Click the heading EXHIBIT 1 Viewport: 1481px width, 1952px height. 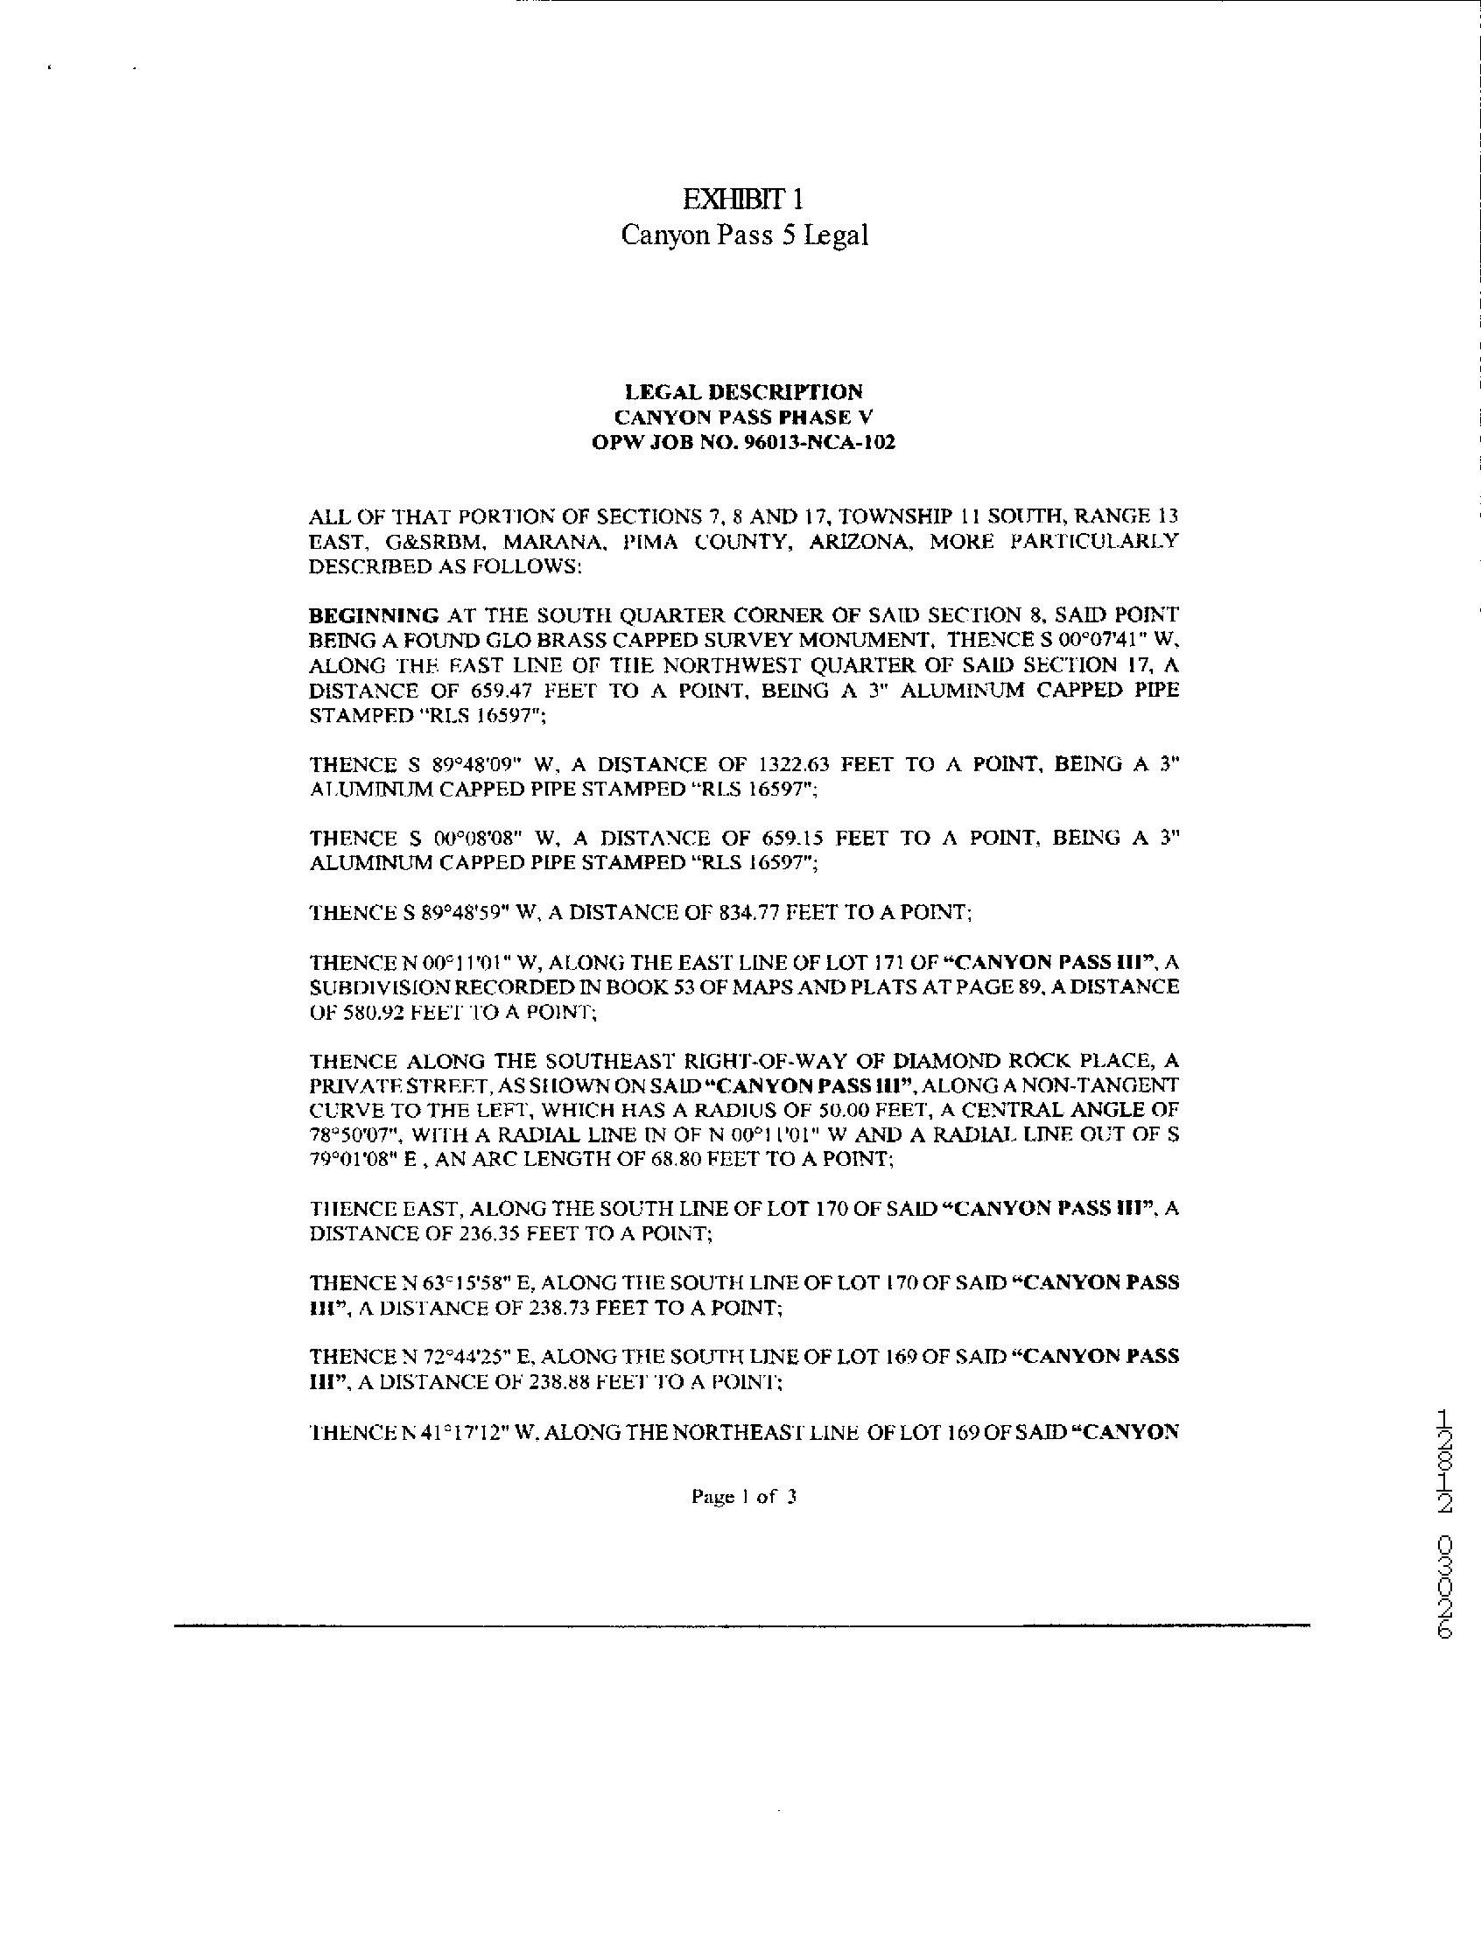tap(743, 200)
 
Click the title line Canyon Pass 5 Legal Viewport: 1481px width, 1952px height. tap(744, 235)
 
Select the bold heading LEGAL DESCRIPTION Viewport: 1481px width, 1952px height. tap(743, 391)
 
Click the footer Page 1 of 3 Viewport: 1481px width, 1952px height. tap(744, 1496)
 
